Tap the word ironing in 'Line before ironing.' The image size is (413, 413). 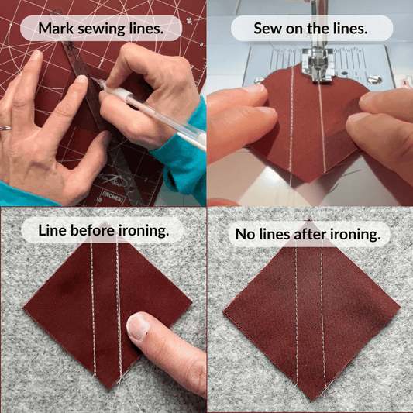click(x=143, y=231)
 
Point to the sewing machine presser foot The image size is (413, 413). click(x=318, y=65)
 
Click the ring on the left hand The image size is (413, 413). click(x=5, y=129)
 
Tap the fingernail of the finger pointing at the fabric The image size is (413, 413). click(x=138, y=327)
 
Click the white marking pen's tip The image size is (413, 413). click(x=92, y=78)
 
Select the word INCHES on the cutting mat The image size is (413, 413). click(x=112, y=196)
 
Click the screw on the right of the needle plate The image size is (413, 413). click(x=374, y=79)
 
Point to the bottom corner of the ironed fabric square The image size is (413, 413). click(x=311, y=400)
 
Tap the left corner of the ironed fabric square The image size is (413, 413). click(x=224, y=312)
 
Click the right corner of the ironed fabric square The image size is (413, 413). click(x=400, y=308)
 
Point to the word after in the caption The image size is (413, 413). click(x=310, y=234)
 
